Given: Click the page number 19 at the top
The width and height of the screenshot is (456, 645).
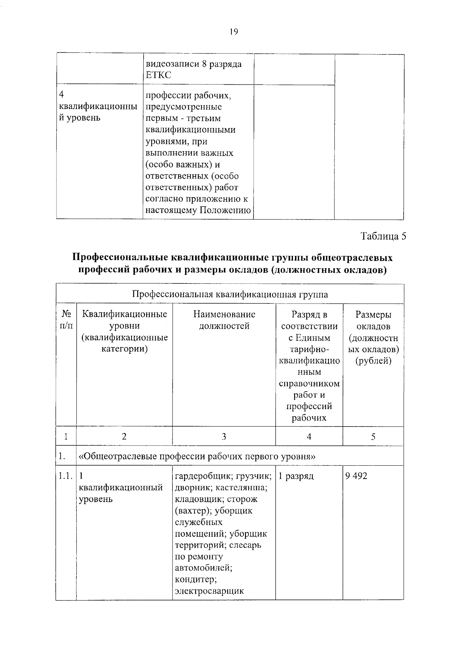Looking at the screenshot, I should coord(234,32).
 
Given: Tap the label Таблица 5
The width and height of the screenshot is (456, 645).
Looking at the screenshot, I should coord(383,236).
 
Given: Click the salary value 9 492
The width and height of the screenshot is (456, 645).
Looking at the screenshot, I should coord(356,476).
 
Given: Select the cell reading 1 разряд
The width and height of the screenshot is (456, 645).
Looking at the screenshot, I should coord(296,476).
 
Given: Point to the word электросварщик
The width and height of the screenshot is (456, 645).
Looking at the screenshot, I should coord(209,591).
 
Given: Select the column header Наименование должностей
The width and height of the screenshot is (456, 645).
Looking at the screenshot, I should coord(224,320).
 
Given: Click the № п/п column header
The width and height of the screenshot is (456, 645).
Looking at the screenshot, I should coord(66,320).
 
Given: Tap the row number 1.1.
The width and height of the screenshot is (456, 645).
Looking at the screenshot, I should coord(66,476).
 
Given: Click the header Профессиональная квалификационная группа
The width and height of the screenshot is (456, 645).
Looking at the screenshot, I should coord(230,294).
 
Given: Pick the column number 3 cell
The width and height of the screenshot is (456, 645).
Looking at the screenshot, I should coord(224,436).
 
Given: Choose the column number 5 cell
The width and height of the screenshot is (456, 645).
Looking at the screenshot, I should coord(373,436).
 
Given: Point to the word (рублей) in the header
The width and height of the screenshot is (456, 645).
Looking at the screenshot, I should coord(373,360).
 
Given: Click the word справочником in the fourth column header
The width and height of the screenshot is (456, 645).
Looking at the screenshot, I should coord(309,384).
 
